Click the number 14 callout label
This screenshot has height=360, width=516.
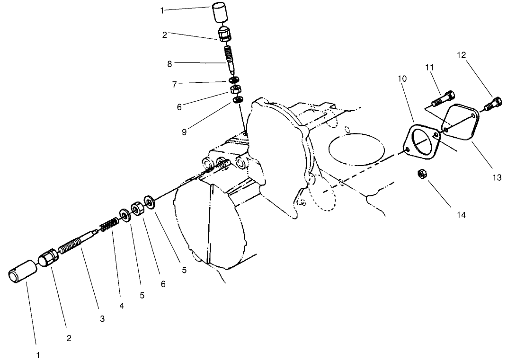click(x=461, y=215)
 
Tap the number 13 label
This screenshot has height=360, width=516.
click(x=497, y=178)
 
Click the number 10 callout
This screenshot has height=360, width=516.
click(x=402, y=79)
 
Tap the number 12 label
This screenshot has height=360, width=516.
click(x=462, y=55)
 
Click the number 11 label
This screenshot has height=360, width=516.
click(x=429, y=68)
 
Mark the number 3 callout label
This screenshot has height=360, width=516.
click(x=102, y=319)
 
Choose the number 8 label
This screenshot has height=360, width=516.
click(x=169, y=64)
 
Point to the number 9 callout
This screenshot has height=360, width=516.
click(x=184, y=132)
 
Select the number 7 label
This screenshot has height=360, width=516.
click(x=175, y=84)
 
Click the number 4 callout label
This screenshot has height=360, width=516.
click(x=122, y=306)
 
